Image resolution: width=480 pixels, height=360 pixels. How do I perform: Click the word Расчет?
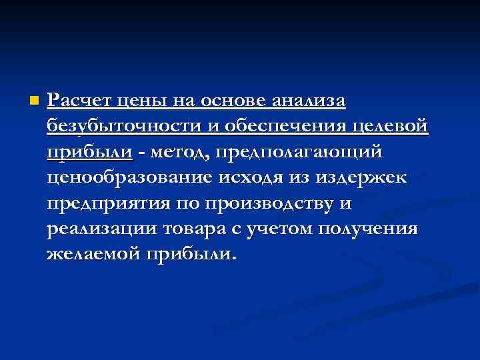77,101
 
